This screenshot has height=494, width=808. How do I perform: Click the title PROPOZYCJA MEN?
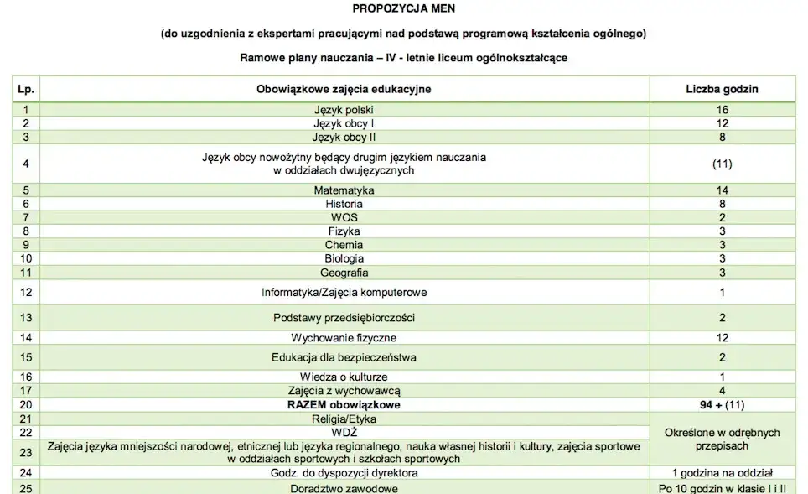point(403,11)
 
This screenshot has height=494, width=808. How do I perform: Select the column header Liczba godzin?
point(722,89)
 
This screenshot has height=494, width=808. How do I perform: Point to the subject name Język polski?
point(344,109)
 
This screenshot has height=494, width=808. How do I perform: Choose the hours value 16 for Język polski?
point(722,109)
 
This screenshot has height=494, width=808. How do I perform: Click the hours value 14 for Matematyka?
point(722,190)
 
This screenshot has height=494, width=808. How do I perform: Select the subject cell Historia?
point(344,204)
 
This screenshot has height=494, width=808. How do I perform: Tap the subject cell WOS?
point(344,217)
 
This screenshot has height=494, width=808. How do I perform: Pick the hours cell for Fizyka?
point(722,231)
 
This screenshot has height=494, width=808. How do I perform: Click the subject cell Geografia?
point(344,272)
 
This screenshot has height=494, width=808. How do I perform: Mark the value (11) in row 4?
point(722,164)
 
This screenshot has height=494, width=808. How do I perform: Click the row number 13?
point(26,318)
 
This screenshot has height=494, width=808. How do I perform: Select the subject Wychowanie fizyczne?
point(344,338)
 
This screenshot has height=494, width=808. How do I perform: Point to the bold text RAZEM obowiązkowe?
point(344,405)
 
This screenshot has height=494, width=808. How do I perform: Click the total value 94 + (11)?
point(722,405)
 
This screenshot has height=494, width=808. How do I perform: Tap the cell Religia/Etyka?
point(344,419)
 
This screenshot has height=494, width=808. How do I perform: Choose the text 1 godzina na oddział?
point(722,473)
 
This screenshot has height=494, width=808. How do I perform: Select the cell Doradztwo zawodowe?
point(344,487)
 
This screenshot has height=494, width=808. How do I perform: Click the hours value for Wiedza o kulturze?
point(722,377)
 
